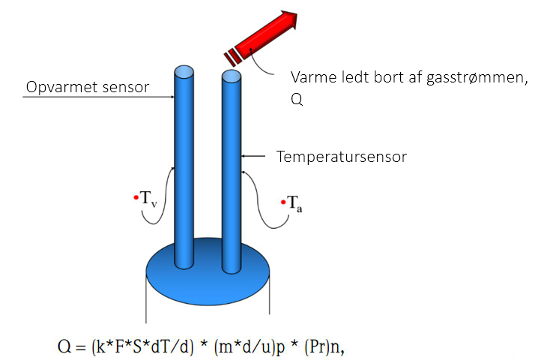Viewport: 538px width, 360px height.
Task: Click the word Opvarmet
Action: point(58,87)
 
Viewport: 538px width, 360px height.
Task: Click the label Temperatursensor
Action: point(342,157)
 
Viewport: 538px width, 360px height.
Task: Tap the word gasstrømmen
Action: point(477,78)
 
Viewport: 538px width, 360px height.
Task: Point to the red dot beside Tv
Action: point(136,197)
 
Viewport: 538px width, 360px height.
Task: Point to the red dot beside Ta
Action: point(283,202)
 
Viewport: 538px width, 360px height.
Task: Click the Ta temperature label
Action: point(294,204)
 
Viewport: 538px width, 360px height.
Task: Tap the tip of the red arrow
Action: point(297,13)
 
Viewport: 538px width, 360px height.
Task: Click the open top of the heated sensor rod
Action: point(184,73)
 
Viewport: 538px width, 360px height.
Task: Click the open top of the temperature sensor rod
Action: point(232,76)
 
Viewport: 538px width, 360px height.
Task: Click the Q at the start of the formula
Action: point(64,346)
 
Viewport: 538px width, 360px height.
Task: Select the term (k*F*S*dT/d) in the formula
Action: point(142,347)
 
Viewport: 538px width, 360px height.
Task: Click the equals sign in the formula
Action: point(81,348)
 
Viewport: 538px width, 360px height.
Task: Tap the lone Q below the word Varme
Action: point(297,99)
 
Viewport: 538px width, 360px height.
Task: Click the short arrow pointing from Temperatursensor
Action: point(253,156)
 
